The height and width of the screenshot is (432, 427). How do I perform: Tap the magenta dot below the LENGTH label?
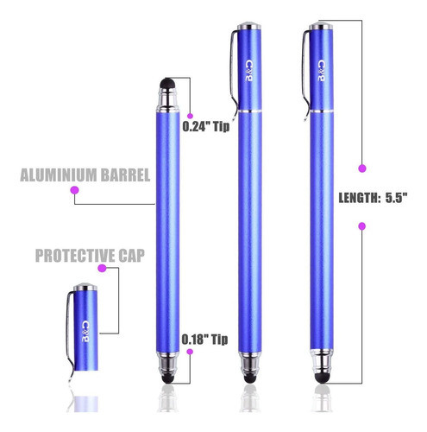pyautogui.click(x=361, y=226)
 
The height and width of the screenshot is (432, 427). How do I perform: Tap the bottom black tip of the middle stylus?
pyautogui.click(x=248, y=373)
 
